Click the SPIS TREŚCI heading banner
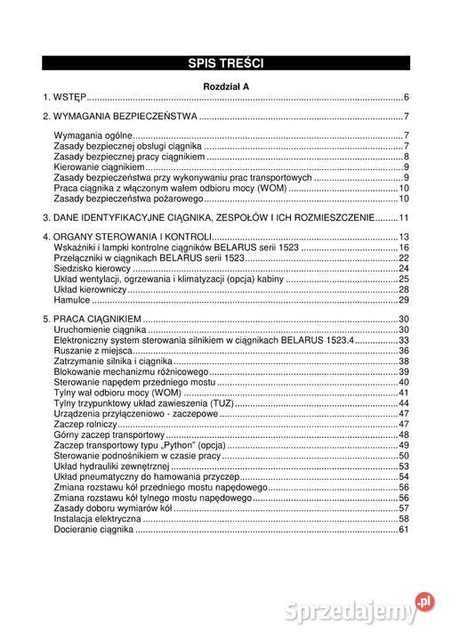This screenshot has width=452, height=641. pyautogui.click(x=226, y=62)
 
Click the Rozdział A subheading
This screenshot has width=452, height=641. pyautogui.click(x=226, y=85)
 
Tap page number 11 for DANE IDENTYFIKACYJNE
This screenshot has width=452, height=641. pyautogui.click(x=403, y=218)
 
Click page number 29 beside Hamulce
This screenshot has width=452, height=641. pyautogui.click(x=403, y=300)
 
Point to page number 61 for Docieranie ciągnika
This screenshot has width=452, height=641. pyautogui.click(x=403, y=531)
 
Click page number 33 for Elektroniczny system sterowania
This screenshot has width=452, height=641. pyautogui.click(x=403, y=340)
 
